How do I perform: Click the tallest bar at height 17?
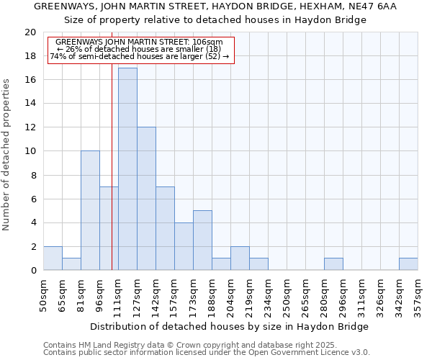tap(127, 169)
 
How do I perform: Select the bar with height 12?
tap(146, 199)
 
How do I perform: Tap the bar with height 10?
tap(90, 210)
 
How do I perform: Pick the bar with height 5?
tap(202, 240)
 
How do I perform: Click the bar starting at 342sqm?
tap(408, 264)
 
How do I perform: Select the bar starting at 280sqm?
tap(333, 264)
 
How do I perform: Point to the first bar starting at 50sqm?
tap(53, 258)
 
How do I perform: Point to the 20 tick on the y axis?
tap(30, 32)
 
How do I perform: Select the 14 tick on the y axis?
tap(30, 104)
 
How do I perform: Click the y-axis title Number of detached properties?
tap(6, 155)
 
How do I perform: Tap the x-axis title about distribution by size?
tap(230, 326)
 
